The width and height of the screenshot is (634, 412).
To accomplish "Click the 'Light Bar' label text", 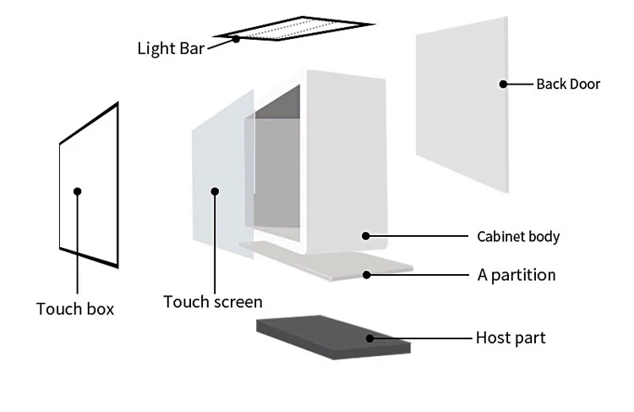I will click(x=171, y=47).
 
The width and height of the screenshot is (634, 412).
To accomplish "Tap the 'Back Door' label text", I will click(x=568, y=84).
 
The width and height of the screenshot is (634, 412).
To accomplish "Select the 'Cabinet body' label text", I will click(x=518, y=236).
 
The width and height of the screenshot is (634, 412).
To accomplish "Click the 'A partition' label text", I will click(x=516, y=275).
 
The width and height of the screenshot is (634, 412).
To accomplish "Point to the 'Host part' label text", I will click(x=511, y=338).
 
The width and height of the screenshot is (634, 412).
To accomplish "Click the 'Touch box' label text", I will click(x=75, y=309).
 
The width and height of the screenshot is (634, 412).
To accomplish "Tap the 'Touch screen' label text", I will click(x=213, y=302).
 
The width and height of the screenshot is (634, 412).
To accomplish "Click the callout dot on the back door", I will click(x=503, y=84).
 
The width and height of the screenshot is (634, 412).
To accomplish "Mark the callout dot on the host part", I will click(x=369, y=338).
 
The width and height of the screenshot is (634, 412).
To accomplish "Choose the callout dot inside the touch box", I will click(x=77, y=191).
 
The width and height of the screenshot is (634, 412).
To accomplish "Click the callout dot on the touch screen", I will click(x=215, y=191).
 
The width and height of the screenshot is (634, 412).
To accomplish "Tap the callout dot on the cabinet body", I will click(x=366, y=236).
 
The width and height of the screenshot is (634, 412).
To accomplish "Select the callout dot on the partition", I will click(x=366, y=274).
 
